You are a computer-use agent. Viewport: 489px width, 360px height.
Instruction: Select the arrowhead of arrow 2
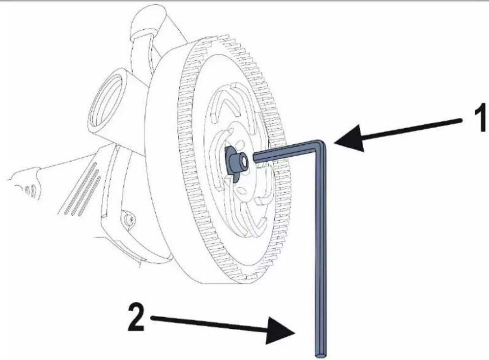(x=281, y=331)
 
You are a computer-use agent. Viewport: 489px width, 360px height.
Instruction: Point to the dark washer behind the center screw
(x=231, y=163)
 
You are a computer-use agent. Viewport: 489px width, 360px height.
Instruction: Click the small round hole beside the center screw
(x=240, y=145)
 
